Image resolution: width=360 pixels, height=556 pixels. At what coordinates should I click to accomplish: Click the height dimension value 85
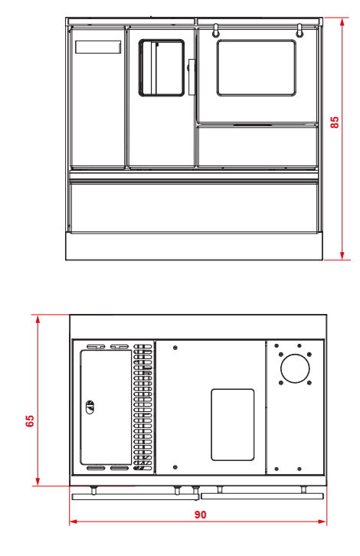point(334,122)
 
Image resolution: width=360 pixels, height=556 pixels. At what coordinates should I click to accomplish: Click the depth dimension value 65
point(30,420)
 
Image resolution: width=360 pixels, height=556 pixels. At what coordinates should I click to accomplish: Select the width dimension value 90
point(200,515)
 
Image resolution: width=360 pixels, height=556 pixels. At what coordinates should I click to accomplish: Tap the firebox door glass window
point(162,67)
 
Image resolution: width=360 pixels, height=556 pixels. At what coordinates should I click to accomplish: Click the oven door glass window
point(257,67)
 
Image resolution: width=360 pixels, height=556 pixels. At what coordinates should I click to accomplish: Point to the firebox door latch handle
point(191,77)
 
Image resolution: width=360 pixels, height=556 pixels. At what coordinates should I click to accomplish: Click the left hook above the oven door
point(215,30)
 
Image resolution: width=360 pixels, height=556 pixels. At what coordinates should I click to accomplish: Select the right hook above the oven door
point(299,30)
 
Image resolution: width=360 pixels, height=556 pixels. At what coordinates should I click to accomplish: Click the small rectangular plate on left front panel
point(98,47)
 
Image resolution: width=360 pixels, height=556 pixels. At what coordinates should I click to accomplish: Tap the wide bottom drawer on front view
point(194,208)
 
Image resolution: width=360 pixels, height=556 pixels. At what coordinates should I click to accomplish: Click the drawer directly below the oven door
point(257,146)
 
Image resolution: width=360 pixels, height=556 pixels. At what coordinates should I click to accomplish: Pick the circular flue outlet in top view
point(295,368)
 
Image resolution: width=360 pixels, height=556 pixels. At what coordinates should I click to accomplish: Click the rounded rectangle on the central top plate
point(233,425)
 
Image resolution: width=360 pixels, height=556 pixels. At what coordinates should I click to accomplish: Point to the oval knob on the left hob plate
point(90,407)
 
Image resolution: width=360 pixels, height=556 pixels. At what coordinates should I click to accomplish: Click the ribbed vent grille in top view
point(142,407)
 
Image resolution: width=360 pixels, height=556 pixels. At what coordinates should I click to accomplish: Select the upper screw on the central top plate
point(175,348)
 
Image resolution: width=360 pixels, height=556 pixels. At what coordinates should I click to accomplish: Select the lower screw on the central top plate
point(175,467)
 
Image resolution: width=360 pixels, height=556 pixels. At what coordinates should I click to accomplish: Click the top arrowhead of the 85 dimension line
point(342,22)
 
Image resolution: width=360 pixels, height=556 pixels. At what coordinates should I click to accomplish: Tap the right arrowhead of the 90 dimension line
point(322,522)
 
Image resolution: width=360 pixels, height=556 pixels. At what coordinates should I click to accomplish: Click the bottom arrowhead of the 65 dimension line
point(38,482)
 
